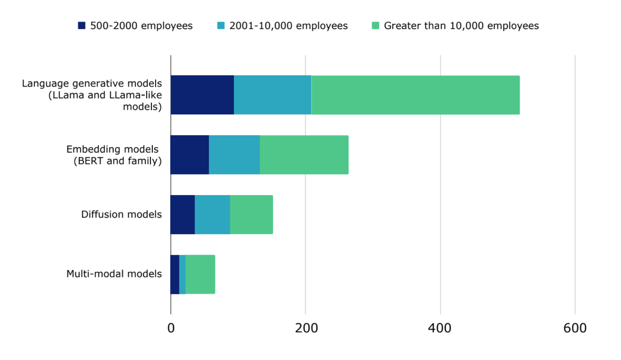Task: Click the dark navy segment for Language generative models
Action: coord(202,95)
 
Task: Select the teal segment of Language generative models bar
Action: coord(272,95)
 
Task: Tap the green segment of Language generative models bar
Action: coord(415,95)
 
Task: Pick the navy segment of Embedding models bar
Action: coord(189,155)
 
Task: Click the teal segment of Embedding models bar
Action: coord(234,155)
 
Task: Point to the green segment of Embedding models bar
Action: coord(304,155)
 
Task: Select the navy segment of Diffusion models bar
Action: coord(183,214)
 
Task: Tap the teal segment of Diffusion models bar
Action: coord(212,214)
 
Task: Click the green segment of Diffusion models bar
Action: coord(251,214)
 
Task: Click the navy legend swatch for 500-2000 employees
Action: coord(81,26)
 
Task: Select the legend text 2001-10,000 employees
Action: coord(288,26)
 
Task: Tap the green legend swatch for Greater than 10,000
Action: coord(375,26)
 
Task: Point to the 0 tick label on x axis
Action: coord(171,328)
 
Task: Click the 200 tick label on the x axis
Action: coord(306,328)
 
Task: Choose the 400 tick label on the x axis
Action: coord(440,328)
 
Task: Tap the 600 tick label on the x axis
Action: coord(575,328)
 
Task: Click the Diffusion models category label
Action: coord(121,214)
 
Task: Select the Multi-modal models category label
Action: coord(114,274)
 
